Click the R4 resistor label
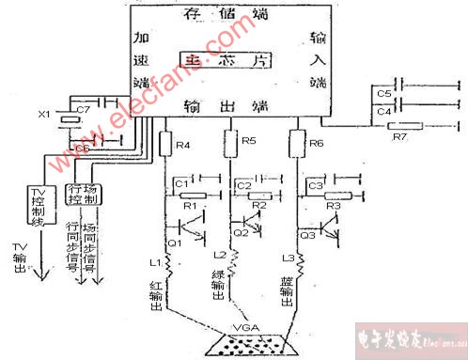pos(184,146)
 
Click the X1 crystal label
pos(42,115)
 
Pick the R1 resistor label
pos(188,205)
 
